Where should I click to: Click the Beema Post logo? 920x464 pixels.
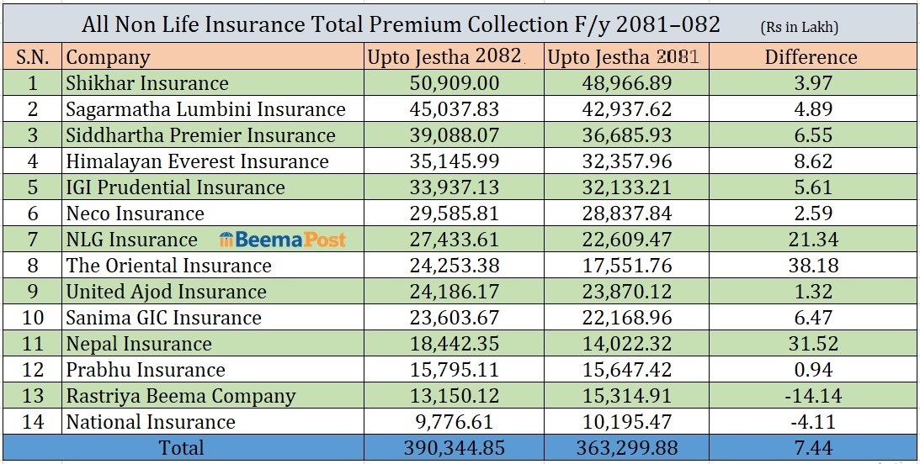coord(283,240)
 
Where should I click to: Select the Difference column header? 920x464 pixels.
coord(811,57)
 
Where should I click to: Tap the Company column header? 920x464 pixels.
coord(108,57)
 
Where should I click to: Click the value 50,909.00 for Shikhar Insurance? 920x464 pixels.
coord(452,83)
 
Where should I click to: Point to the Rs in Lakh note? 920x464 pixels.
coord(799,27)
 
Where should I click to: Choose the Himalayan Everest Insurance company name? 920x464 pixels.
coord(197,161)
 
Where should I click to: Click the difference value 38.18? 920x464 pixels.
coord(811,266)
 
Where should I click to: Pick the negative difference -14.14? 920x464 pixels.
coord(811,396)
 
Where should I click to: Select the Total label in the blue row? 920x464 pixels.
coord(181,448)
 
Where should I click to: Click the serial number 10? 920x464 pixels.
coord(33,318)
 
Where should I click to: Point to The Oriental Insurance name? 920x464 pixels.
coord(168,266)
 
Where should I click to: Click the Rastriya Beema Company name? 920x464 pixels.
coord(180,396)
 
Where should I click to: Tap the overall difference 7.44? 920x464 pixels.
coord(811,448)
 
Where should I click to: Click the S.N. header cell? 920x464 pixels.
coord(33,57)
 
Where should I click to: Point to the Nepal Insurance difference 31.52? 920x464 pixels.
coord(811,344)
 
